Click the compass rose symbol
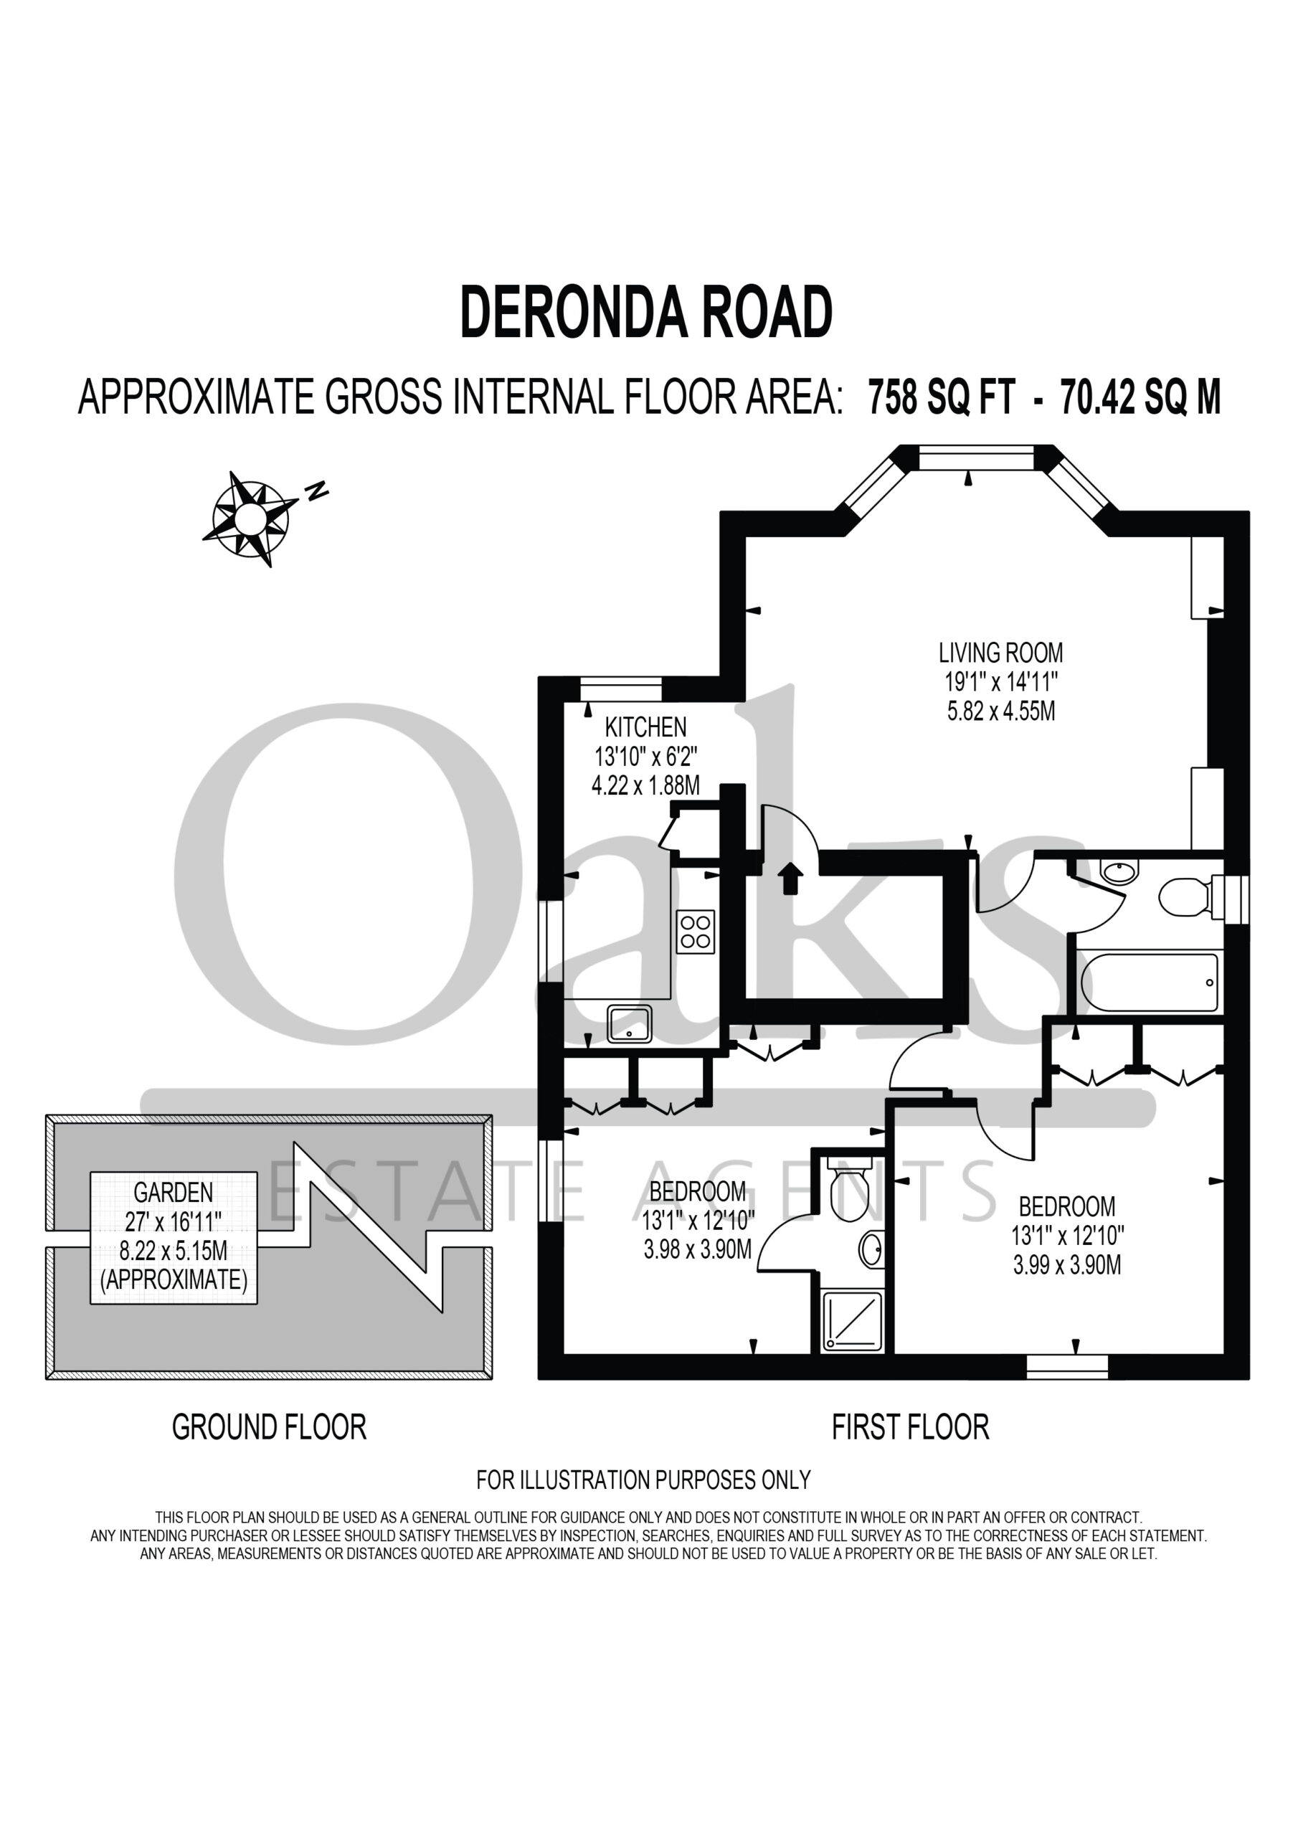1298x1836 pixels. [x=250, y=519]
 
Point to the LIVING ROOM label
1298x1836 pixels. [x=1000, y=653]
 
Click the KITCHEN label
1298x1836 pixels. [x=645, y=727]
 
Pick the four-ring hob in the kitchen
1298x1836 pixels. [x=695, y=932]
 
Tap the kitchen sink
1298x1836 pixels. [x=630, y=1023]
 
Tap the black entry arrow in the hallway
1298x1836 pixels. [x=790, y=878]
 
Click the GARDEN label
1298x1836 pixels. [x=173, y=1192]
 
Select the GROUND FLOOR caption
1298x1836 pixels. [x=270, y=1426]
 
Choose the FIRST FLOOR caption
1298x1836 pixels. [x=910, y=1426]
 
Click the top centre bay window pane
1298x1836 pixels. [x=977, y=458]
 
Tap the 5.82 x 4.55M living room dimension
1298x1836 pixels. [x=1001, y=711]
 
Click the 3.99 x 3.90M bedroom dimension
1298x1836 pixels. [x=1067, y=1265]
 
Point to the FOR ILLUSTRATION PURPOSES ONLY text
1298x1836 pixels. [x=644, y=1480]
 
